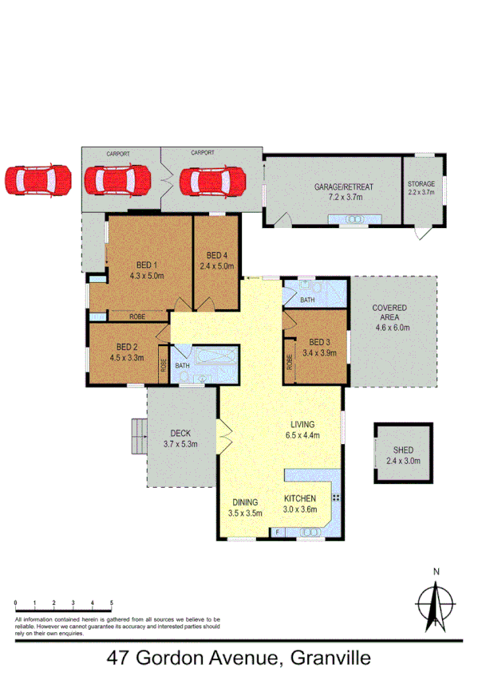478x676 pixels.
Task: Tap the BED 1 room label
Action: pyautogui.click(x=146, y=266)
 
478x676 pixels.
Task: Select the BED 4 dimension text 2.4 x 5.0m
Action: pyautogui.click(x=216, y=266)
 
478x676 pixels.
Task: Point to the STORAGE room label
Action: pyautogui.click(x=423, y=183)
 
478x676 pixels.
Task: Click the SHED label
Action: pyautogui.click(x=402, y=450)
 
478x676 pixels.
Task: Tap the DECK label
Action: pyautogui.click(x=180, y=434)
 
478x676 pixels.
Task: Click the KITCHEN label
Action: pyautogui.click(x=301, y=499)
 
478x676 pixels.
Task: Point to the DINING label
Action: pyautogui.click(x=245, y=502)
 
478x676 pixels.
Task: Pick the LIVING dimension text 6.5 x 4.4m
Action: pyautogui.click(x=302, y=435)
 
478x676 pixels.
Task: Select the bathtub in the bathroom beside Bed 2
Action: pyautogui.click(x=213, y=356)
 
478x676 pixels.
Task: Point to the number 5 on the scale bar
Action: pyautogui.click(x=111, y=603)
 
